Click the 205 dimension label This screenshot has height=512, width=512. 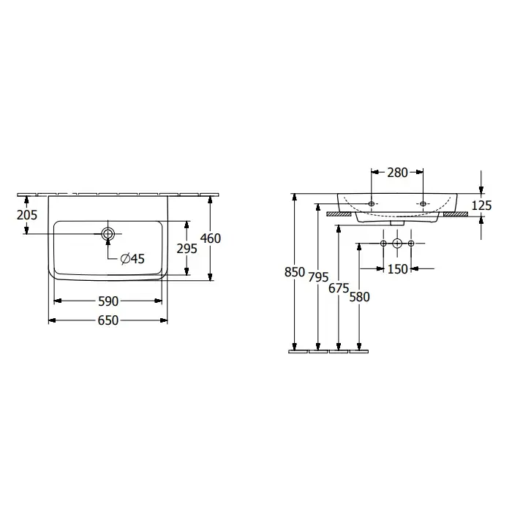(27, 215)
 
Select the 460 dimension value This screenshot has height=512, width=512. (211, 238)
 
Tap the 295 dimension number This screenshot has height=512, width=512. (187, 249)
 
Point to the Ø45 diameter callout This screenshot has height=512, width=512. (132, 259)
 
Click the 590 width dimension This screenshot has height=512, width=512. (108, 301)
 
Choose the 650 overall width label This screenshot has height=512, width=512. (108, 320)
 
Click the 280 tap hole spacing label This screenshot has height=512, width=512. (398, 173)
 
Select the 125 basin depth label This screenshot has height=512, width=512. (481, 206)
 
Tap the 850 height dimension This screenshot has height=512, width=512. (295, 272)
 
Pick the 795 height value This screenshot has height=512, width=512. (318, 277)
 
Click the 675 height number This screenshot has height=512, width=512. (339, 288)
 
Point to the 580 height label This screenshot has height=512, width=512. (360, 297)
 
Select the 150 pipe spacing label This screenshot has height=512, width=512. (398, 269)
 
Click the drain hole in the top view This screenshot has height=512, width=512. (108, 234)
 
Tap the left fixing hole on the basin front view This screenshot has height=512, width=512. (372, 204)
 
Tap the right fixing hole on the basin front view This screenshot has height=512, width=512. (423, 204)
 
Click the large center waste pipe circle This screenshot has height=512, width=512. (397, 244)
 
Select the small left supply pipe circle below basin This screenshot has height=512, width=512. (383, 244)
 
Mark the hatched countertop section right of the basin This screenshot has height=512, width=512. (456, 214)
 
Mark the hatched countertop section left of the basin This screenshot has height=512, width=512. (339, 214)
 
